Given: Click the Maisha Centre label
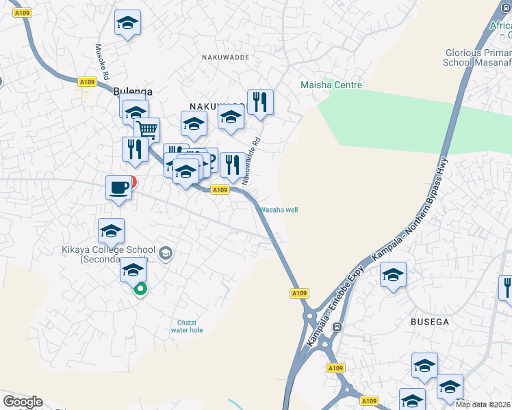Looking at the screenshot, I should pos(331,85).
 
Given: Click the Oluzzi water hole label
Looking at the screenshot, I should pos(187,325).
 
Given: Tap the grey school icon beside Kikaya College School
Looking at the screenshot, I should pos(165,254).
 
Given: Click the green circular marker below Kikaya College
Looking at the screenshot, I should pos(140,289).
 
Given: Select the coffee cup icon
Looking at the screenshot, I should pos(118,187).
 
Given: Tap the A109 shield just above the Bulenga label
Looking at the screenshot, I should pos(87,82).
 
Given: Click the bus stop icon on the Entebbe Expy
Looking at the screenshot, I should pos(337,327).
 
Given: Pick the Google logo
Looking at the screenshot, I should pos(23,402).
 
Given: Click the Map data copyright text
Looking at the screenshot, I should pos(483,405).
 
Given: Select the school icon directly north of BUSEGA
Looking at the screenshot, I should pos(393,275).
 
